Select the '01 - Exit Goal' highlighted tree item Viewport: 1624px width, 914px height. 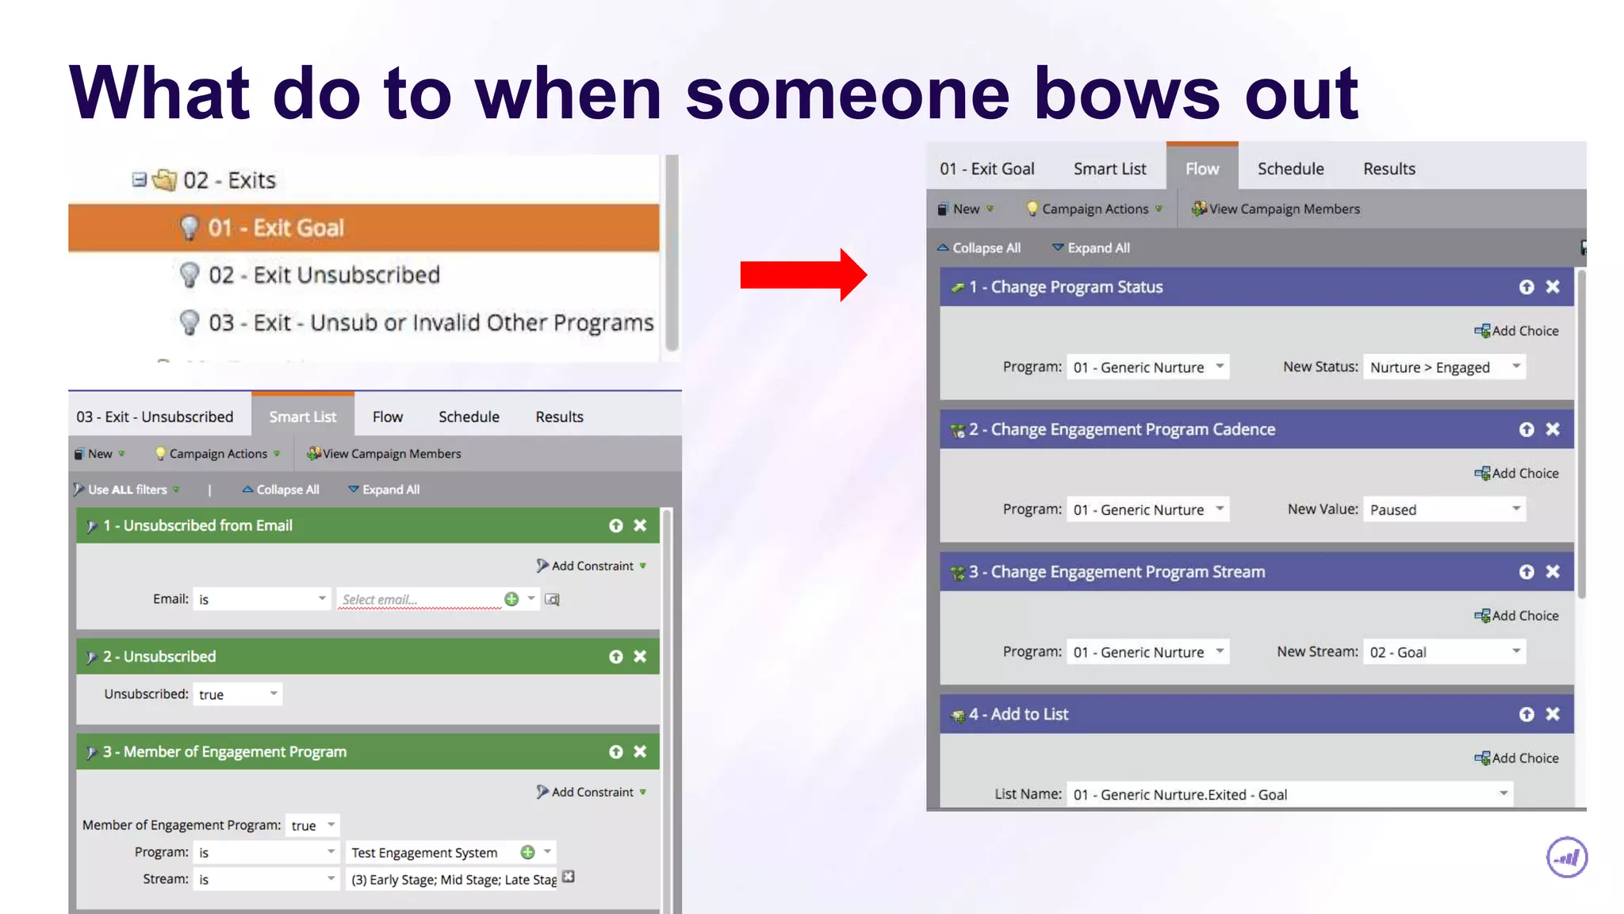(x=275, y=228)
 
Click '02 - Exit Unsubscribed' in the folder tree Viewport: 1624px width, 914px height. (x=324, y=275)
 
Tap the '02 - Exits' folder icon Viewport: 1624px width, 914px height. (x=164, y=180)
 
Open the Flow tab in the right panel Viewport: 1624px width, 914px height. (x=1201, y=169)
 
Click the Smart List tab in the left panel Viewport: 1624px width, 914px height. (x=302, y=417)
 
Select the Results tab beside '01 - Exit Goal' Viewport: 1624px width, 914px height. (x=1388, y=169)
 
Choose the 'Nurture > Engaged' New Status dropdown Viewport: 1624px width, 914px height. (x=1443, y=367)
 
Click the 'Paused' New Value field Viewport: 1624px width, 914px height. (x=1443, y=509)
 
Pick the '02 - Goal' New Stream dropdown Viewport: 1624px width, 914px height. (x=1443, y=652)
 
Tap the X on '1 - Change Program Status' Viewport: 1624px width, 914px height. (x=1553, y=287)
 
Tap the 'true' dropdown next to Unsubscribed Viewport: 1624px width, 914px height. (x=237, y=694)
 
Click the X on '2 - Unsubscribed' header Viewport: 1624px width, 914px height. (x=640, y=657)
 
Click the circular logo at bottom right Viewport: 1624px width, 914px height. (x=1566, y=858)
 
